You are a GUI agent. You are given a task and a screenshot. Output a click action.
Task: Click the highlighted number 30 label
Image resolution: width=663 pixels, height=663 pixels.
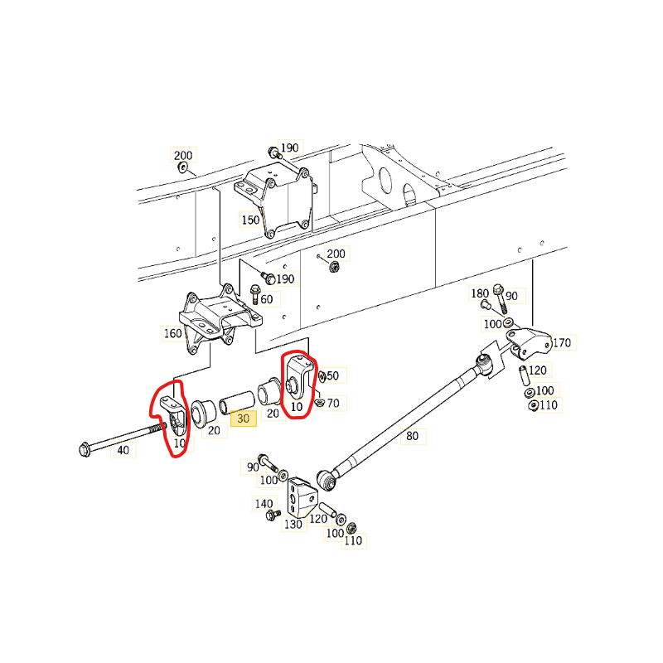244,419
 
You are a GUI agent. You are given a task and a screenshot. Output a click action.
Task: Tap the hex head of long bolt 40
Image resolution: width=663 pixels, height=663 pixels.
85,449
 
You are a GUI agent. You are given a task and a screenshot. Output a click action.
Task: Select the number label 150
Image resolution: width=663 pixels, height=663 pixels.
250,220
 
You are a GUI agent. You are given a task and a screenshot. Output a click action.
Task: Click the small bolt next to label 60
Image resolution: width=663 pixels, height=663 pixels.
255,294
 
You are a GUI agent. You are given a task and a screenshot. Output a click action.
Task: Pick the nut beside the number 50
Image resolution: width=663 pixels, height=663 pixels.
322,376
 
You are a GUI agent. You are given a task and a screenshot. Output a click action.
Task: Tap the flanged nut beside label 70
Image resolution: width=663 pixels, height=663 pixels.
320,403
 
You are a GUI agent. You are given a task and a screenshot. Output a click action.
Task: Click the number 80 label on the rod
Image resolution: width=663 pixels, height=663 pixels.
412,436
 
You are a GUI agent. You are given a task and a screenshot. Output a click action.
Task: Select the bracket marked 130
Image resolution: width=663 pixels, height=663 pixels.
302,497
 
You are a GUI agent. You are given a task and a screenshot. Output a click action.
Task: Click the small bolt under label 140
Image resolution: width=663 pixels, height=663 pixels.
273,515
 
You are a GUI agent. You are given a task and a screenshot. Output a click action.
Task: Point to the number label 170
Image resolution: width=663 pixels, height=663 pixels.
562,342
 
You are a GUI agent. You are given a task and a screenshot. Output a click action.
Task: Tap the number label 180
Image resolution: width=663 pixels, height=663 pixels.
480,293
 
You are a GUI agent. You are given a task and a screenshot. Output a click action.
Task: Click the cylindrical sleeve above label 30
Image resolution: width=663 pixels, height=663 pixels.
237,402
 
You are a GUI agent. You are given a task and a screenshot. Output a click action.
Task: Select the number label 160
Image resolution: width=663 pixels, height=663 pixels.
172,333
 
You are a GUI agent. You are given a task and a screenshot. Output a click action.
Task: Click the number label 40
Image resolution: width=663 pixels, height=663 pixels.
123,450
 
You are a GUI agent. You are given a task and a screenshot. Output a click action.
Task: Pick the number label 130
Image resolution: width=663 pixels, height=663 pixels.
293,525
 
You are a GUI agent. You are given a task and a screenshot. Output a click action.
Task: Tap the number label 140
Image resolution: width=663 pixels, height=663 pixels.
264,504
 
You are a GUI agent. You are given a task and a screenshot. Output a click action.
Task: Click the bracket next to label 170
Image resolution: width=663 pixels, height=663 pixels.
530,343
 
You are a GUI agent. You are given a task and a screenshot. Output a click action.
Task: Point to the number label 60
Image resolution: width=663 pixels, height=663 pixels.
267,299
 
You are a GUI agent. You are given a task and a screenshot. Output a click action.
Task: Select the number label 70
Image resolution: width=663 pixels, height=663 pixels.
333,404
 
